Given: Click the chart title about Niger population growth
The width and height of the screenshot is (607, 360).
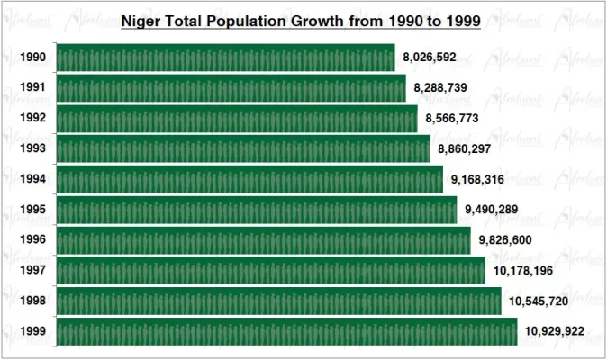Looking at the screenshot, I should pos(301,19).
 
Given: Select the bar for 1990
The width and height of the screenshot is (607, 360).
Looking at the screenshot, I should pos(225,58).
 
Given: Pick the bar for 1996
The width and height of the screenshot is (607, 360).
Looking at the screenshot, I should pos(263,240).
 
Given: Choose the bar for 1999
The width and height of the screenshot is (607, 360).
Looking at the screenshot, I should pos(286,331).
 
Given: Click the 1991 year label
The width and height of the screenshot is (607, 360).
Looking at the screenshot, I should pos(33,88).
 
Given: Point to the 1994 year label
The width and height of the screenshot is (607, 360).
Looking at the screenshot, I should pos(33,179).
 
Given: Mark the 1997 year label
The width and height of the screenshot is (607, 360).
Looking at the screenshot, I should pos(33,271).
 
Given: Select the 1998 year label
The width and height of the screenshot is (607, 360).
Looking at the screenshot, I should pos(33,301).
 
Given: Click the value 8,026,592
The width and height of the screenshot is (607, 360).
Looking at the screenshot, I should pos(430,58).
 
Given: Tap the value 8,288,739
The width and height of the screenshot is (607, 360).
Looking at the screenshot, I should pos(440,88).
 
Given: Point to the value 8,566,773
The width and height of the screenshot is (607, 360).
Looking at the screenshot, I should pos(452,119).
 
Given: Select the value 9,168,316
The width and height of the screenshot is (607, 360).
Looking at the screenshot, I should pos(477,179).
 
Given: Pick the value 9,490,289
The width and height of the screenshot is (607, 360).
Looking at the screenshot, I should pos(492,210).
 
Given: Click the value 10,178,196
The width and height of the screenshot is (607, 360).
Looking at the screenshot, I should pos(526,271).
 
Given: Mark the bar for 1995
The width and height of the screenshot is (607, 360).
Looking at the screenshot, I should pos(256,210).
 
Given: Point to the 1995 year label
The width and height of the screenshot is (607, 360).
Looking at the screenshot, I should pos(33,210).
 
